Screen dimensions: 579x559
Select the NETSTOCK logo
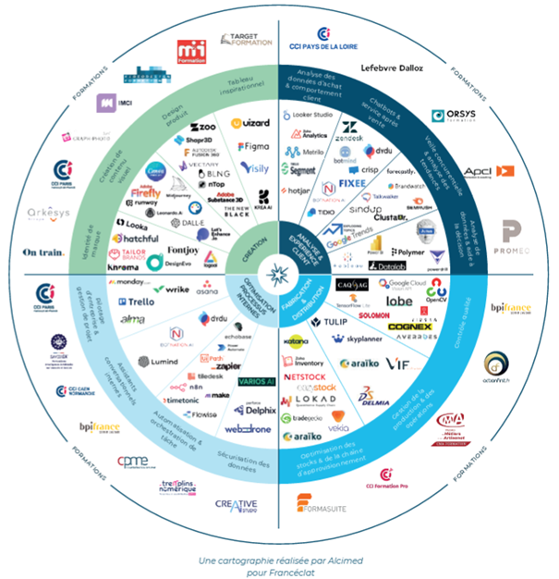coord(308,378)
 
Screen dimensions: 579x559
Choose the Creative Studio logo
coord(237,505)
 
